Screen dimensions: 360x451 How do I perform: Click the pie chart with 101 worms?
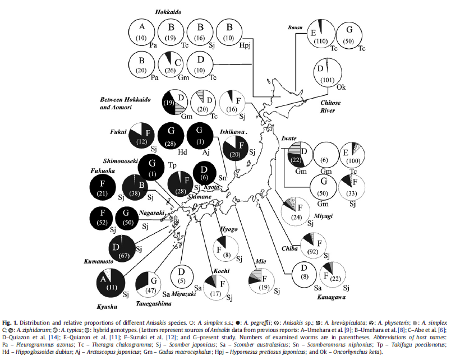click(328, 76)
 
